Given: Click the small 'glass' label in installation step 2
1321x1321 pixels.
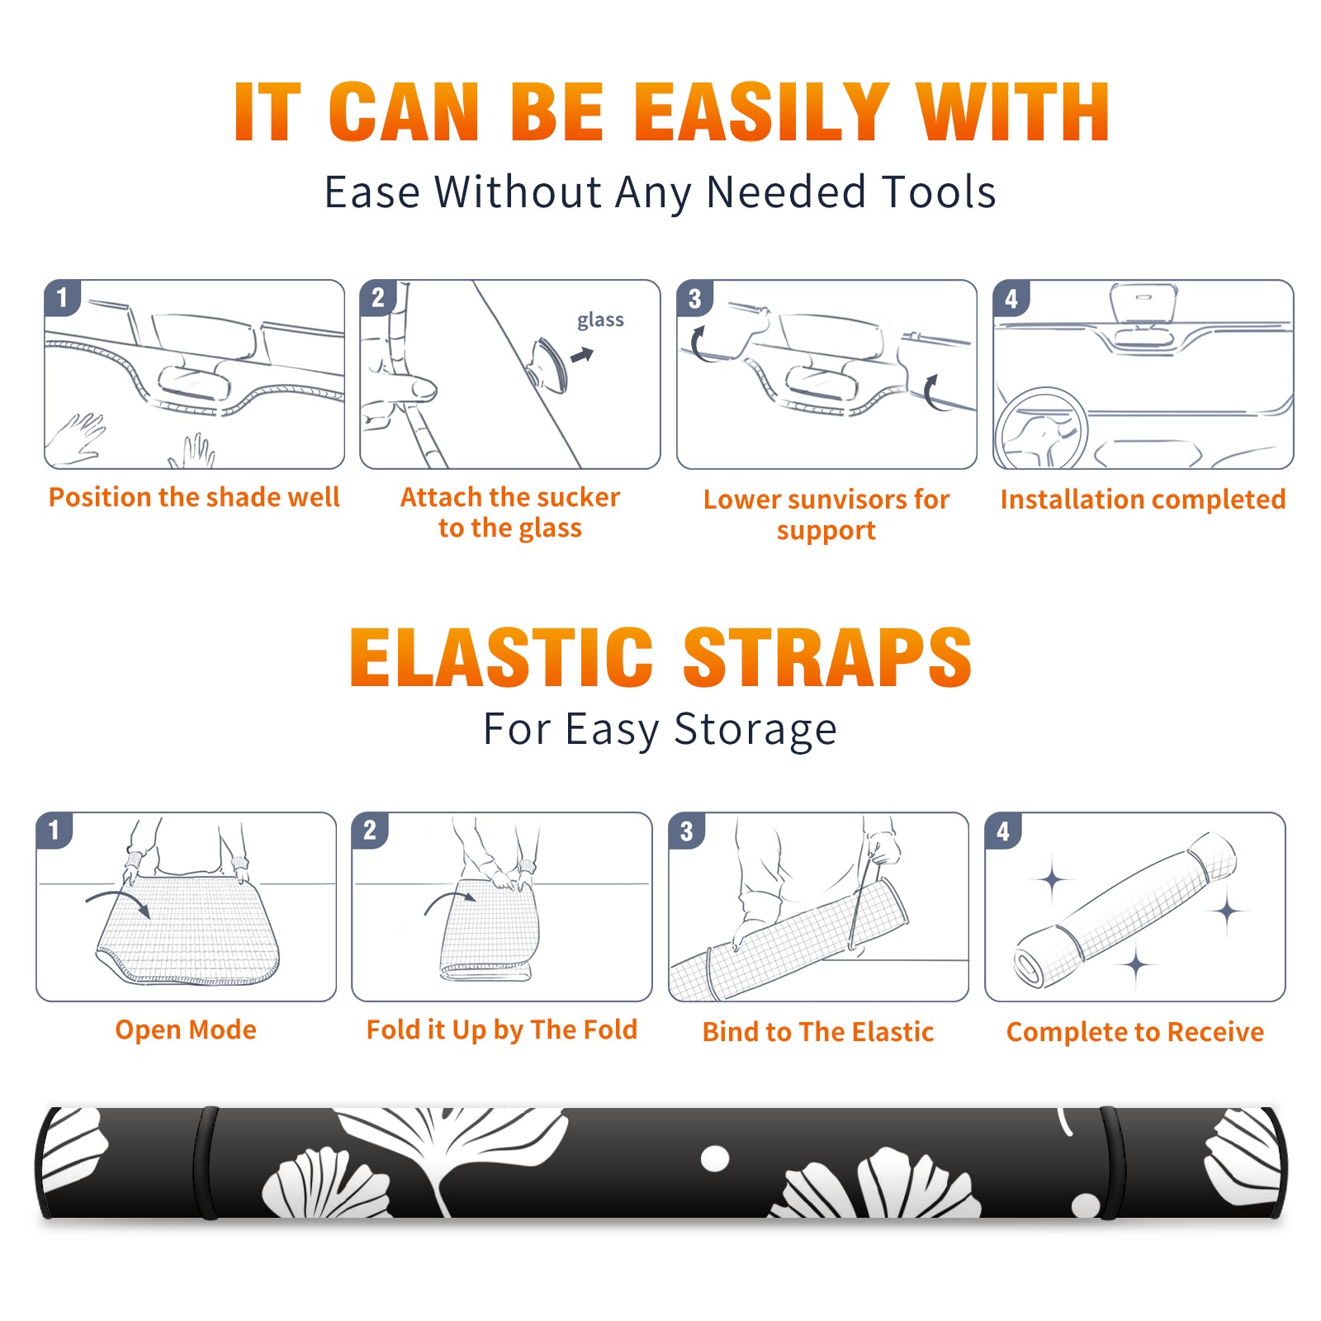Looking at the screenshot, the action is pos(600,320).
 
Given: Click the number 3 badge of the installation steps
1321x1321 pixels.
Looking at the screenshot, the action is pos(694,298).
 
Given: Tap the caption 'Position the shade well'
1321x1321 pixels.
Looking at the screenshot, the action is pos(194,497).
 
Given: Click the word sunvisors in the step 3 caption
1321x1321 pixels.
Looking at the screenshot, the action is pos(847,500).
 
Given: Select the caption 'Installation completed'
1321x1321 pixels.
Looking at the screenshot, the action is pos(1143,500).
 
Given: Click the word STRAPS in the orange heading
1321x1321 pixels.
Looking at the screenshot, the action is pos(827,657).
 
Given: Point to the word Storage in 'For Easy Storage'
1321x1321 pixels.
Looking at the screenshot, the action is pos(755,731).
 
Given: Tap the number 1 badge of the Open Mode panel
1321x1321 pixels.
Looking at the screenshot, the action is pos(54,830).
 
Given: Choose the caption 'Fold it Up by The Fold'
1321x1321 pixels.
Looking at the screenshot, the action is pos(502,1030).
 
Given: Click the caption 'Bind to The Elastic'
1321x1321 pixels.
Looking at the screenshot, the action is pos(818,1032).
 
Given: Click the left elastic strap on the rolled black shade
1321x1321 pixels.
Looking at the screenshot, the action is pos(206,1162).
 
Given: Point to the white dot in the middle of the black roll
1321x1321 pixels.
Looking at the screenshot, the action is pos(715,1158).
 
